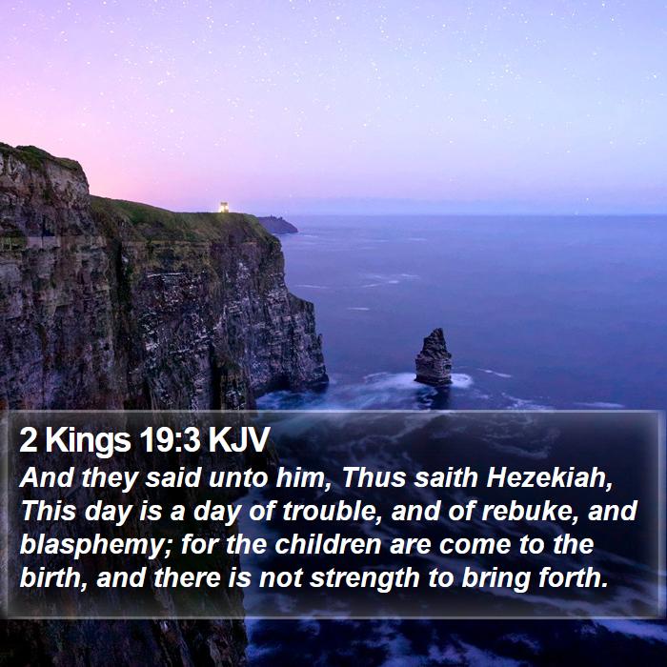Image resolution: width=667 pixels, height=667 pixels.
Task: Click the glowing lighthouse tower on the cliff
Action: point(224,207)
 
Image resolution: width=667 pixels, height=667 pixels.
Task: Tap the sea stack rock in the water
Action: point(434,357)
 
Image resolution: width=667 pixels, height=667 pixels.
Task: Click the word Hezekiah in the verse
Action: point(549,477)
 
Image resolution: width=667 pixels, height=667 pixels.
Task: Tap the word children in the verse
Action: point(328,544)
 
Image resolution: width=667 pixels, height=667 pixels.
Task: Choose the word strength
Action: point(365,578)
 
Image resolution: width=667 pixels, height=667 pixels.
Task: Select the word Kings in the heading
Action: point(88,440)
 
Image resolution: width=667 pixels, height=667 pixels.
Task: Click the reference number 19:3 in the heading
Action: point(170,439)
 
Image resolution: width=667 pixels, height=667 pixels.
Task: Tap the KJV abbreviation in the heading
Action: point(239,439)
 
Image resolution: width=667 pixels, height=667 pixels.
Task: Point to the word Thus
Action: point(374,477)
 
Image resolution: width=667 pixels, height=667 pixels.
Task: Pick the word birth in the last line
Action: point(53,578)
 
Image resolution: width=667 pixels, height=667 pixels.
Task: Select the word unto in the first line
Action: point(238,478)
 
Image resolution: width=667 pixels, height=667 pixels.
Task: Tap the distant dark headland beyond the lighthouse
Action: point(277,225)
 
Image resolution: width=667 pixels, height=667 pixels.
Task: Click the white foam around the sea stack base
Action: point(461,380)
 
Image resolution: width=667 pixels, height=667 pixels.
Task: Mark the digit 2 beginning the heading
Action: point(28,440)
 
